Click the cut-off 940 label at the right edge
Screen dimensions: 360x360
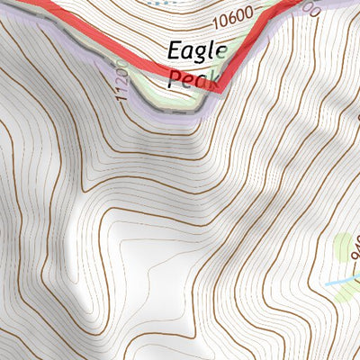pyautogui.click(x=355, y=248)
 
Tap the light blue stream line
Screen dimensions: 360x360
pyautogui.click(x=342, y=282)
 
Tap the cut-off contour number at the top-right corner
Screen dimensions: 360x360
pyautogui.click(x=311, y=7)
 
